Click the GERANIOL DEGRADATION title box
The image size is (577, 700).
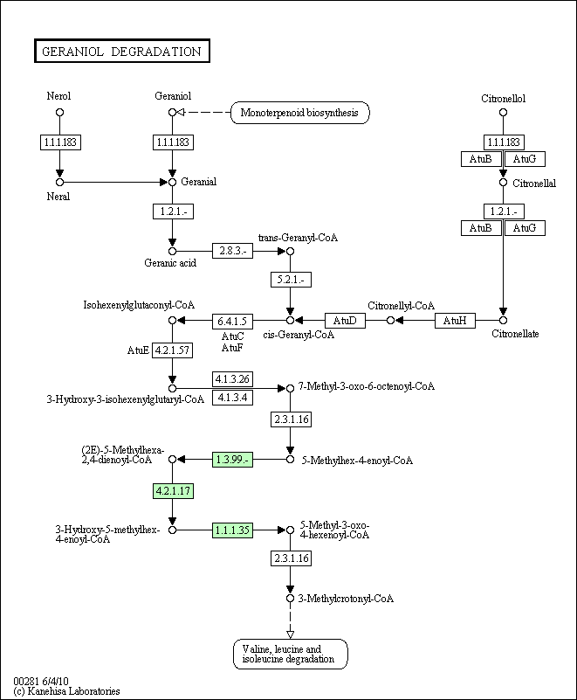point(121,51)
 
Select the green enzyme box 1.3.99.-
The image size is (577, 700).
point(232,460)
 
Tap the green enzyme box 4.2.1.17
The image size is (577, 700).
point(174,490)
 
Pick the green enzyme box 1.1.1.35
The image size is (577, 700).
point(232,530)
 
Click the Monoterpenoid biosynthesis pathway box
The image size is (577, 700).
point(300,113)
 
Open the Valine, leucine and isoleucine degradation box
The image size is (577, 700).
point(291,654)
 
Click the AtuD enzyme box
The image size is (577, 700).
point(345,321)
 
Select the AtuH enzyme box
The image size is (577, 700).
point(455,321)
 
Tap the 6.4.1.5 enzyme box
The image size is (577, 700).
point(232,321)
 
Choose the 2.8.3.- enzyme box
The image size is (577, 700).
point(232,251)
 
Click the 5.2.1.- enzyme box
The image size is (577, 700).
point(291,280)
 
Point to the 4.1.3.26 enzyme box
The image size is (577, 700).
point(232,379)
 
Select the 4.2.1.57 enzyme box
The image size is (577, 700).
point(173,350)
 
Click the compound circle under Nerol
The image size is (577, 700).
point(59,113)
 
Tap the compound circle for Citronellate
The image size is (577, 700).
point(503,321)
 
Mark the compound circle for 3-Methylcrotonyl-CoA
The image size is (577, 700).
point(291,599)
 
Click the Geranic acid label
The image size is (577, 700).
point(170,263)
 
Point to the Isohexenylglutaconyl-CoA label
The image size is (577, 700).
point(139,305)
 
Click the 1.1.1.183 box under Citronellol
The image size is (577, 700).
point(504,142)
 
